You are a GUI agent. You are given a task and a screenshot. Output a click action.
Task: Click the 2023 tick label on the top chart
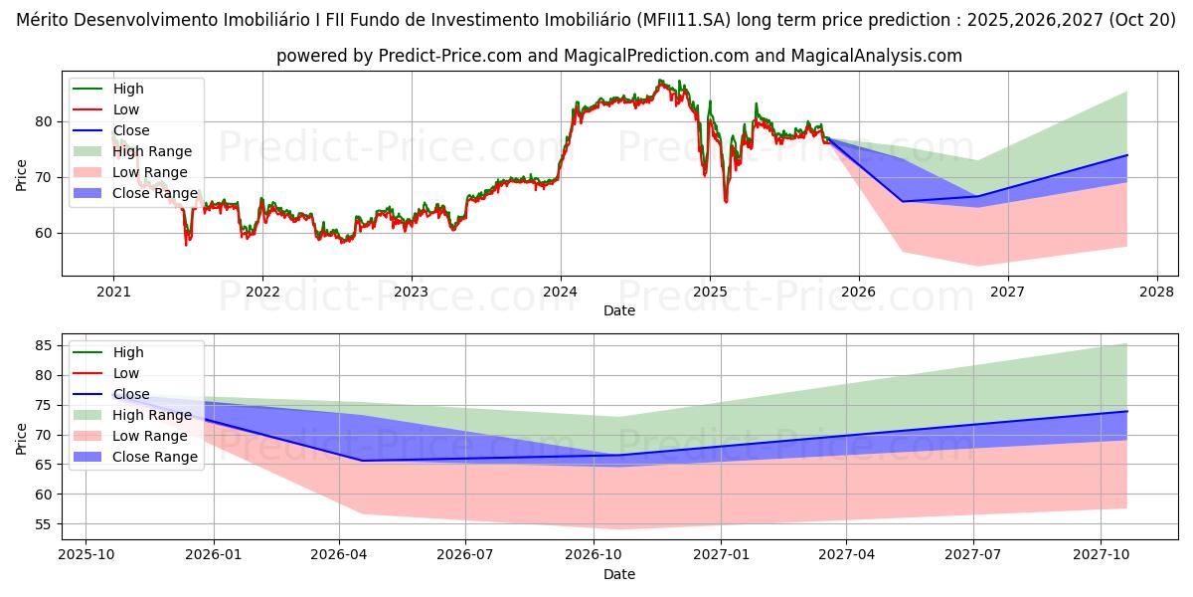[x=411, y=292]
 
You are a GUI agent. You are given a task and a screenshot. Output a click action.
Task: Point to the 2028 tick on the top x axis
[x=1156, y=292]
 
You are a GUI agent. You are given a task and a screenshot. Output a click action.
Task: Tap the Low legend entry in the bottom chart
[x=126, y=373]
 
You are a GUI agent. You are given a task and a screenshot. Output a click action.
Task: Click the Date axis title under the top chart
[x=618, y=310]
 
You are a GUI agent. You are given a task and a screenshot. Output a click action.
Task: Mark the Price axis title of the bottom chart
[x=22, y=437]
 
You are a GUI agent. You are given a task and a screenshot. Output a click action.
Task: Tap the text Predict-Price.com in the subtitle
[x=450, y=56]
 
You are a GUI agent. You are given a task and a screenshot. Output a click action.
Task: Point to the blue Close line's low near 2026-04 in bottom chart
[x=362, y=461]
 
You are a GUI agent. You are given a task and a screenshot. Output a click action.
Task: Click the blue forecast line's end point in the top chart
[x=1127, y=155]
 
